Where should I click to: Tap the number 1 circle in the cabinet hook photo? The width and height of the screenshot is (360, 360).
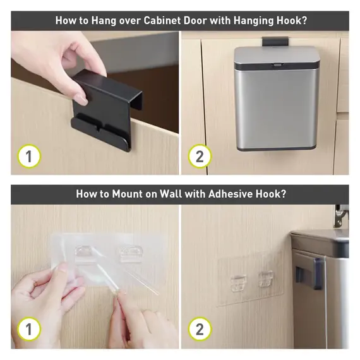click(29, 157)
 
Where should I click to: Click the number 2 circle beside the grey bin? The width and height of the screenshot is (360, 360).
click(200, 157)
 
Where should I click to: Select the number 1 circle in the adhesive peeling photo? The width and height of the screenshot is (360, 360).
click(29, 329)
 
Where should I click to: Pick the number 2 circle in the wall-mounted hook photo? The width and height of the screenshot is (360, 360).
click(200, 329)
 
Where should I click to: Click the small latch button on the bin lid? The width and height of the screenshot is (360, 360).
click(277, 65)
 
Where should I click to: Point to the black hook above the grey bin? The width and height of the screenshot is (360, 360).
click(275, 41)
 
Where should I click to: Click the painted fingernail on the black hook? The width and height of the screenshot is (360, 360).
click(81, 99)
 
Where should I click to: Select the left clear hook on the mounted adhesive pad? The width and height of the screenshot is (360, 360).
click(239, 283)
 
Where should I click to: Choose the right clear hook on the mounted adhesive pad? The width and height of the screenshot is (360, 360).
click(266, 279)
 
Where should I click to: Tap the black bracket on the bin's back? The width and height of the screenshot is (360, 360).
click(310, 273)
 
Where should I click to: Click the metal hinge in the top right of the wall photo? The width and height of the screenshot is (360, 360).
click(340, 216)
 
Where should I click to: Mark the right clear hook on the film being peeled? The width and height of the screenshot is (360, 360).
click(131, 255)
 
